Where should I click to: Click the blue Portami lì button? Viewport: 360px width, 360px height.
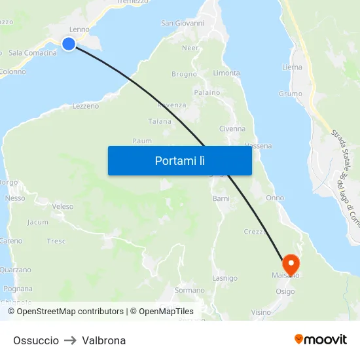[179, 160]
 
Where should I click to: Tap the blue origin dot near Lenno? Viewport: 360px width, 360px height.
[69, 44]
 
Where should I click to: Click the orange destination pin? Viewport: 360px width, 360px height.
[289, 264]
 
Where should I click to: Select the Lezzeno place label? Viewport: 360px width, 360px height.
[85, 106]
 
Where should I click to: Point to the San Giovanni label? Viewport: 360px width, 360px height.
[183, 24]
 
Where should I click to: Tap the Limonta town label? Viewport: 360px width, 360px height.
[226, 73]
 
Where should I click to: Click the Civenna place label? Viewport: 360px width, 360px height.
[232, 129]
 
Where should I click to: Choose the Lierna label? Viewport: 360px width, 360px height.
[292, 67]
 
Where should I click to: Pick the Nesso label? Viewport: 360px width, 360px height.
[14, 198]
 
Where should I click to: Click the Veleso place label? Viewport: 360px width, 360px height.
[62, 207]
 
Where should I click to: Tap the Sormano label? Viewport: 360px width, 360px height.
[189, 290]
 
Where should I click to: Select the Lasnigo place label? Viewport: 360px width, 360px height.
[225, 278]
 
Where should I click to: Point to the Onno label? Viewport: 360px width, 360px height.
[275, 198]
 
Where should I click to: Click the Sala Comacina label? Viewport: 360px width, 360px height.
[33, 53]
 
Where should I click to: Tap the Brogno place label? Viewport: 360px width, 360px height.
[184, 75]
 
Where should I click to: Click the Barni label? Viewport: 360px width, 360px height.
[221, 198]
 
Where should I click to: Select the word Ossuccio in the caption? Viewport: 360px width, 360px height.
[36, 340]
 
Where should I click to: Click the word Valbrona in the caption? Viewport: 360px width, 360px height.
[104, 340]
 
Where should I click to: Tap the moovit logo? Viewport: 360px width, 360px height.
[321, 339]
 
